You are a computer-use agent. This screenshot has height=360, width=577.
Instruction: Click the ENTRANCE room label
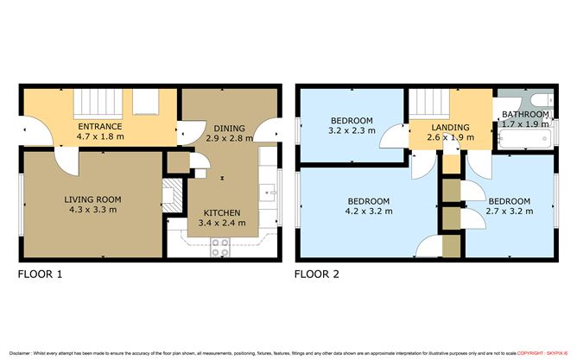click(x=99, y=126)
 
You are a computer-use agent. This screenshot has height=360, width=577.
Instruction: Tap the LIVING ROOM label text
click(x=92, y=199)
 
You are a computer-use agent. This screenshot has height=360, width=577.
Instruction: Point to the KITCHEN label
click(x=221, y=212)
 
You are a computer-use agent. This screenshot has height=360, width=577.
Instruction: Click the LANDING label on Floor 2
click(x=450, y=126)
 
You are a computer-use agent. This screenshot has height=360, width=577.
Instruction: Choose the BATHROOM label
click(x=525, y=114)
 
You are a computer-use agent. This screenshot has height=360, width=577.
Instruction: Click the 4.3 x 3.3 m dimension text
click(x=92, y=210)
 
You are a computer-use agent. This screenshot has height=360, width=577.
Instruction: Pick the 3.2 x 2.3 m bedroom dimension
click(x=351, y=131)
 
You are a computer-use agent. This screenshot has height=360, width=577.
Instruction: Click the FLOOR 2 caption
click(x=318, y=275)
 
